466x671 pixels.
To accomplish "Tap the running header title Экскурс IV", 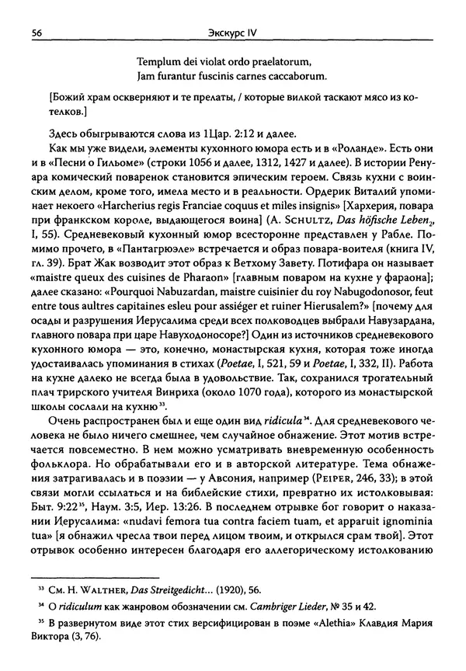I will (x=233, y=33).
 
